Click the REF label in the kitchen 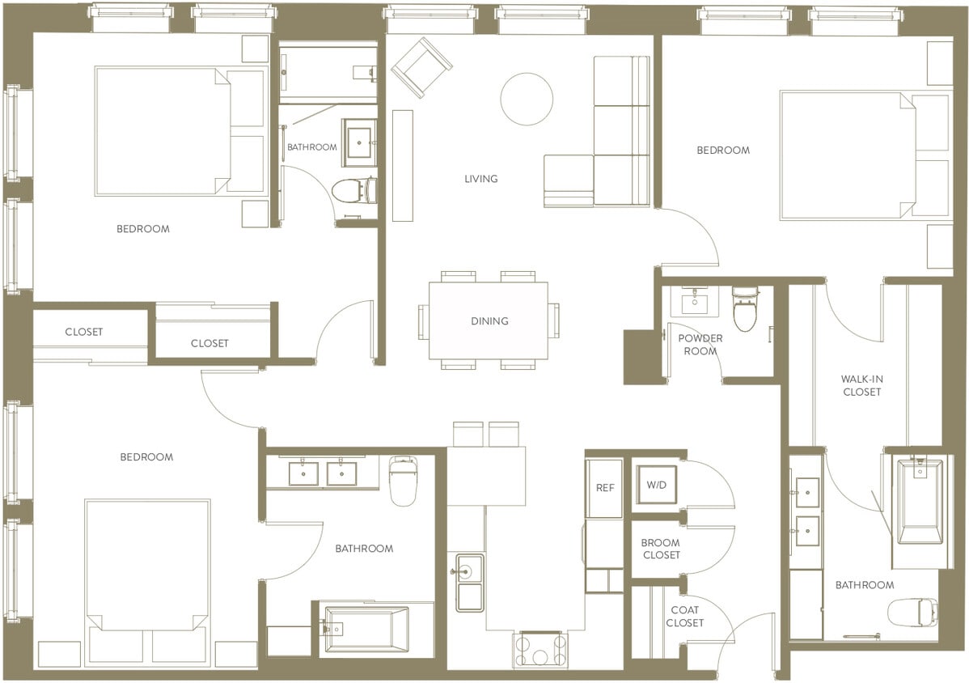pos(604,488)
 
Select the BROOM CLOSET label pos(660,549)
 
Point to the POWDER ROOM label pos(700,345)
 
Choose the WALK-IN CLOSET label pos(861,385)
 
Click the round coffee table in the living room pos(527,100)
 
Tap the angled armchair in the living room pos(421,67)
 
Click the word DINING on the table pos(489,321)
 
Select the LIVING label pos(481,179)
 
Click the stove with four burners pos(540,650)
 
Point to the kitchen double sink pos(469,583)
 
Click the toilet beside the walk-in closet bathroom pos(912,612)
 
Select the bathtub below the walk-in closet pos(920,502)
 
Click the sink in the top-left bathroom pos(358,142)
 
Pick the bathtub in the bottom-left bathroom pos(366,628)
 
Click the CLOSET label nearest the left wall pos(84,332)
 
